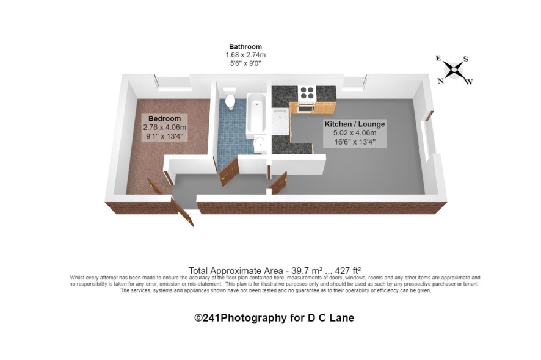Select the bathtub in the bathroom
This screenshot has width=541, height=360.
tap(256, 113)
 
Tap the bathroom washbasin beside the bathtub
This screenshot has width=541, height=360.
tap(259, 145)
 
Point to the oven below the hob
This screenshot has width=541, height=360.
tap(306, 108)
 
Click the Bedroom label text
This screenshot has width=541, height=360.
tap(165, 118)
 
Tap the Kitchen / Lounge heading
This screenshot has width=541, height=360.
tap(355, 124)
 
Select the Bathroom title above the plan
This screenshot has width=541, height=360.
tap(245, 46)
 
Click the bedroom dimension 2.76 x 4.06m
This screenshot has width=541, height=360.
tap(165, 128)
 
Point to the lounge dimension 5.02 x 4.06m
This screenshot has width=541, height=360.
tap(355, 133)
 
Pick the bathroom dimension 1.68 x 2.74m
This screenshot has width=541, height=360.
tap(245, 55)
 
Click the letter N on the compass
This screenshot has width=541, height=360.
tap(441, 81)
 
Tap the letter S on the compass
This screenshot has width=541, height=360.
tap(466, 59)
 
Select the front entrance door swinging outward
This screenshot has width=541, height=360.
tap(182, 211)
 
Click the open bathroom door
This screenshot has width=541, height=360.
tap(229, 171)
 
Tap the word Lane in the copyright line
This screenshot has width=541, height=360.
tap(342, 317)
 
